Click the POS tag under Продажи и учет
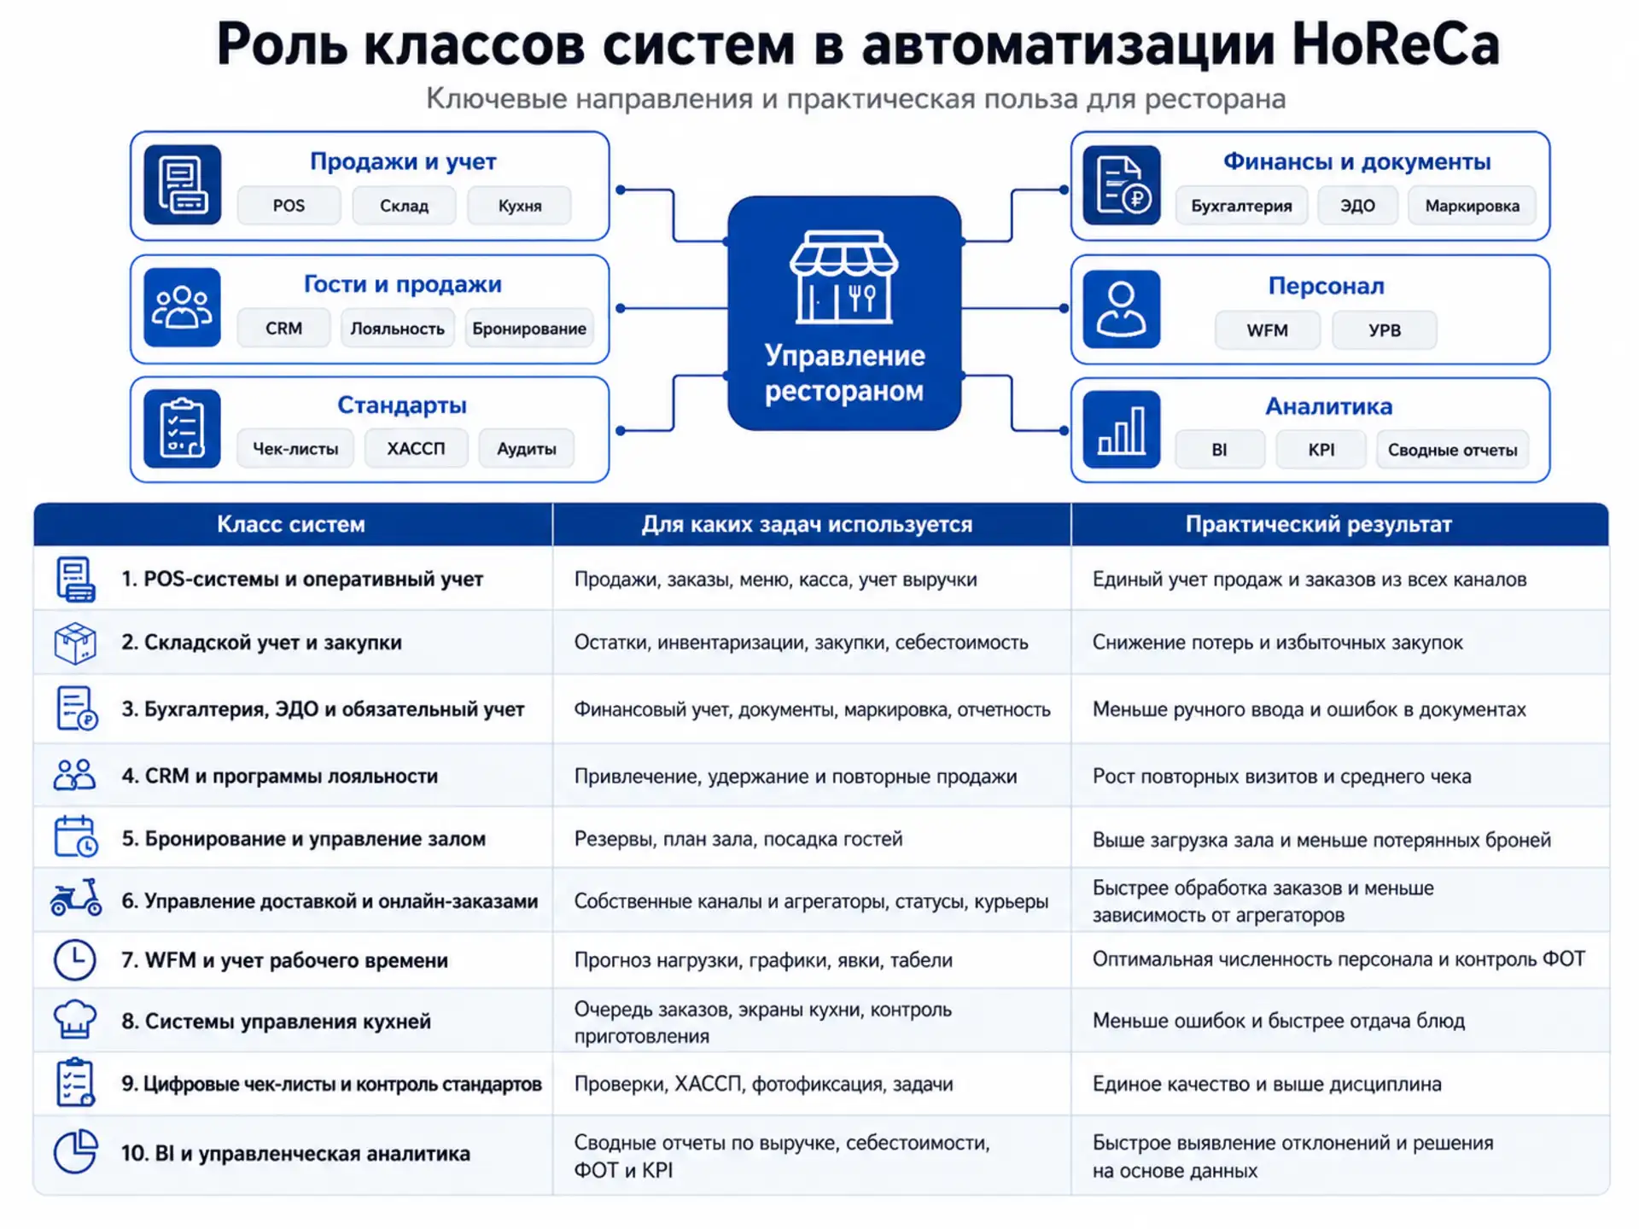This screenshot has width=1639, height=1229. point(289,206)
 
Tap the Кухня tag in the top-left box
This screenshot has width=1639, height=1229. point(520,206)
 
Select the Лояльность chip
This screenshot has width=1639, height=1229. point(397,329)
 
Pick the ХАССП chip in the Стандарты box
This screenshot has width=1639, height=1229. point(416,449)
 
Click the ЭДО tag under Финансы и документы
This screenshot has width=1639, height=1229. point(1357,206)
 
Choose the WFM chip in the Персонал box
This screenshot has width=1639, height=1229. point(1267,330)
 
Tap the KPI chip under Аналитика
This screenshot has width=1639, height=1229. point(1321,450)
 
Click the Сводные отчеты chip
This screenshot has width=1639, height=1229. point(1452,450)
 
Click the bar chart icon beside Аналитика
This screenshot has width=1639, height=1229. point(1121,429)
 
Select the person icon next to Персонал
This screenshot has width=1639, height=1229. point(1121,309)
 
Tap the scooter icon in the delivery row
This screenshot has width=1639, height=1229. point(76,899)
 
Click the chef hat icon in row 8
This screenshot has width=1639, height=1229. point(75,1019)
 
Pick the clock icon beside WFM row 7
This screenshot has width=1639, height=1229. point(75,960)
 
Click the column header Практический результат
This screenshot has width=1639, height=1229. point(1318,524)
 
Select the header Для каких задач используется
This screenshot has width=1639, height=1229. point(807,524)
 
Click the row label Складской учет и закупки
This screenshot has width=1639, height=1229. point(272,643)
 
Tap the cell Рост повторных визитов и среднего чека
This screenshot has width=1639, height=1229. point(1281,777)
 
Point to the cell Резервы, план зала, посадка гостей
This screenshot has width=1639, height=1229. point(738,839)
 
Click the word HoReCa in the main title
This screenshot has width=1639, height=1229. point(1395,44)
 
